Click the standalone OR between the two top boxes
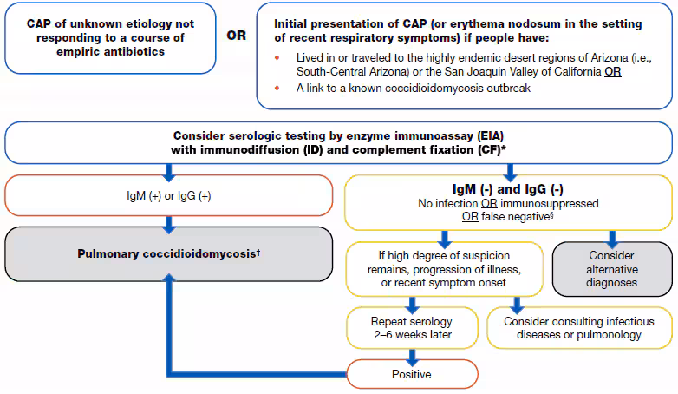click(x=236, y=37)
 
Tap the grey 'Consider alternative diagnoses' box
click(x=611, y=269)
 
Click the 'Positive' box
click(x=413, y=374)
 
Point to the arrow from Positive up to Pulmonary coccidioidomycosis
click(x=171, y=330)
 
